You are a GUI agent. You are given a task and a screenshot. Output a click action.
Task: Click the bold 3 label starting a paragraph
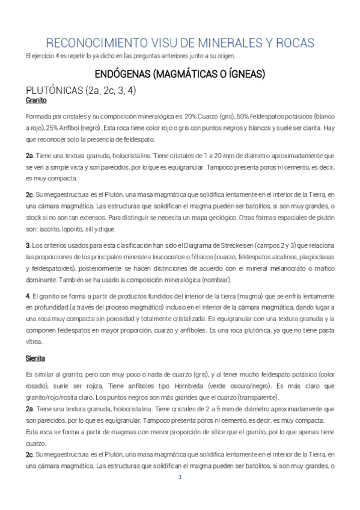pos(28,245)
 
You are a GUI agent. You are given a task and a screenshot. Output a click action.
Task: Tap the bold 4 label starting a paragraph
pos(28,296)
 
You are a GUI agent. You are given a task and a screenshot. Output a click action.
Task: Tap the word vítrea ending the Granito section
pos(34,342)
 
